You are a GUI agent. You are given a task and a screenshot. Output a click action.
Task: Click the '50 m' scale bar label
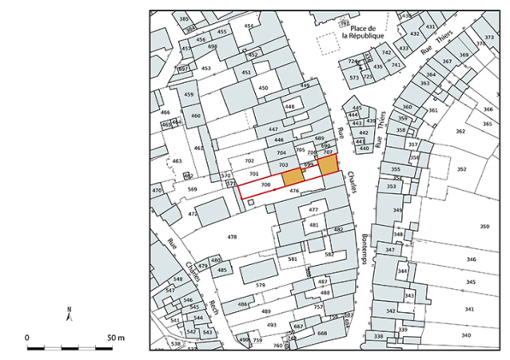point(115,338)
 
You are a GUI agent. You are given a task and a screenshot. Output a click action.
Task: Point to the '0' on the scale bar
point(27,338)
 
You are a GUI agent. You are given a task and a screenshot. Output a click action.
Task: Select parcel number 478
point(232,236)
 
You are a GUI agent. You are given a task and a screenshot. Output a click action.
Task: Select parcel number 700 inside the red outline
point(265,185)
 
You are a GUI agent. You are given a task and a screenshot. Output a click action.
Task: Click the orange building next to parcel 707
point(328,164)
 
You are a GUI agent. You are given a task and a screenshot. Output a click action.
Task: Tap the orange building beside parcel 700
point(293,175)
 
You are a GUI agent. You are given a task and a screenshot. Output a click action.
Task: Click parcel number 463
point(176,161)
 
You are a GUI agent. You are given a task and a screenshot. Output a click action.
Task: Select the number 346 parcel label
point(470,258)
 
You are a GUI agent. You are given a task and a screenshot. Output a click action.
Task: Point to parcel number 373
point(489,38)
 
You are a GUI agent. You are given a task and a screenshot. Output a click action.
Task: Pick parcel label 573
point(354,78)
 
